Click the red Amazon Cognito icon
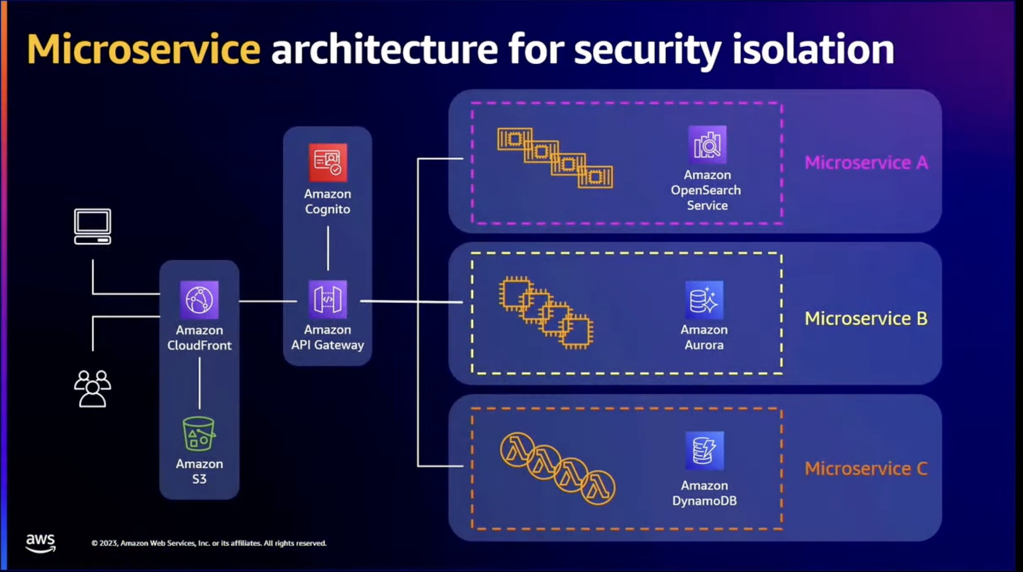click(328, 163)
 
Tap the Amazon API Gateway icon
click(328, 299)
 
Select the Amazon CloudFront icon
click(199, 300)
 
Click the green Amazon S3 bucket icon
click(199, 434)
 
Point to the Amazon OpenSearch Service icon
click(707, 145)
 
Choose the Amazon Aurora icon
click(704, 300)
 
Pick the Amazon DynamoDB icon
click(704, 451)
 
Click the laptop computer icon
click(93, 226)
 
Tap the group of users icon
click(93, 389)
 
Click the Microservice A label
click(866, 162)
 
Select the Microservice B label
click(866, 318)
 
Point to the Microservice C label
click(866, 468)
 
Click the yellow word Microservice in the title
click(144, 49)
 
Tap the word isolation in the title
click(813, 49)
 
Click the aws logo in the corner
click(40, 542)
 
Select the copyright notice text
click(209, 543)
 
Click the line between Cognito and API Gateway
click(328, 248)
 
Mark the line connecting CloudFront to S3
click(199, 383)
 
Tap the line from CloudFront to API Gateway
click(268, 301)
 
